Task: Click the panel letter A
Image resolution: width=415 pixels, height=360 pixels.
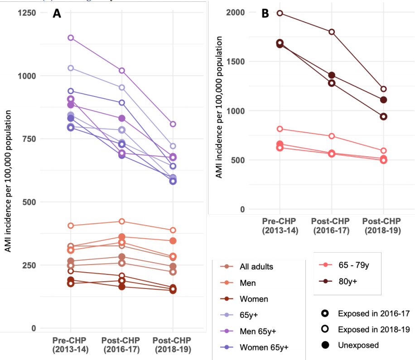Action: [57, 14]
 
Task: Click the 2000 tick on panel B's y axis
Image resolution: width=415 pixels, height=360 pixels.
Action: [236, 13]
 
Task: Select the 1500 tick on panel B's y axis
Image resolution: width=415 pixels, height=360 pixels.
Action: [236, 62]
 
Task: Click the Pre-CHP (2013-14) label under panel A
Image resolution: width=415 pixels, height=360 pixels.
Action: [70, 345]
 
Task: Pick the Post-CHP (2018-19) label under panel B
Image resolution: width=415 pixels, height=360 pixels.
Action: [383, 226]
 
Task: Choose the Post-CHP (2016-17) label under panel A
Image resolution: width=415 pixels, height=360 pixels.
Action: [121, 345]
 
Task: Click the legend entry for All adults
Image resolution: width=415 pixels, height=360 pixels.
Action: [256, 267]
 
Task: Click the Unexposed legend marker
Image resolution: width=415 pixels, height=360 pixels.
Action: [325, 346]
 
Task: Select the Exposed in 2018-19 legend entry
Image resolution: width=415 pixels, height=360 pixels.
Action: [367, 329]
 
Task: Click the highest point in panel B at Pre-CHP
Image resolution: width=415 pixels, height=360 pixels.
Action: [280, 13]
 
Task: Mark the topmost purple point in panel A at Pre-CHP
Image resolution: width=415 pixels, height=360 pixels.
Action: [71, 38]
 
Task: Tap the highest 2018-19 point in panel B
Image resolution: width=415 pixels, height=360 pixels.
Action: [383, 89]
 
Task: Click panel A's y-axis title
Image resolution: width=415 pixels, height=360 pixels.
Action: [8, 174]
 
